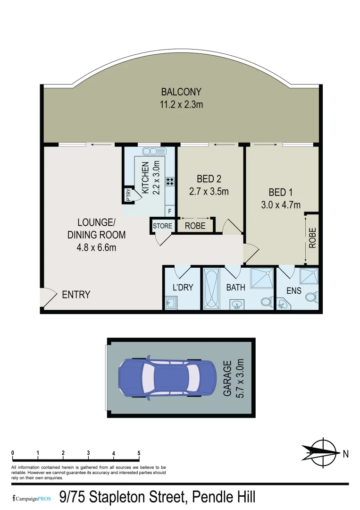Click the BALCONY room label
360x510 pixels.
pyautogui.click(x=182, y=92)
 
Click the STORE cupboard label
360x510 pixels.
pyautogui.click(x=162, y=226)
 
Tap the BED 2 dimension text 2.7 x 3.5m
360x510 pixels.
pyautogui.click(x=209, y=192)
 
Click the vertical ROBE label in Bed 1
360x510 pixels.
pyautogui.click(x=312, y=238)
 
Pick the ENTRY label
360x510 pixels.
pyautogui.click(x=76, y=295)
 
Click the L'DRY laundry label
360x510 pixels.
pyautogui.click(x=183, y=287)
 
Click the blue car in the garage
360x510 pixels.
pyautogui.click(x=166, y=378)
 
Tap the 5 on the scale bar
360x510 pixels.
pyautogui.click(x=139, y=453)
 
